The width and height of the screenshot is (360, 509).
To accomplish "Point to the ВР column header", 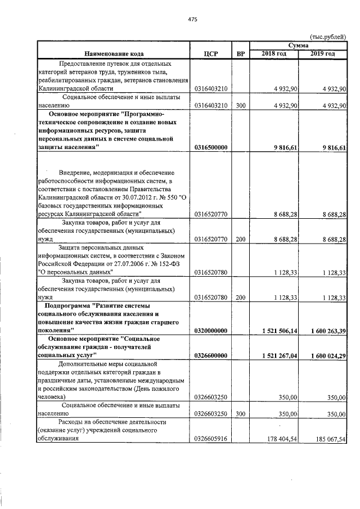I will point(241,53).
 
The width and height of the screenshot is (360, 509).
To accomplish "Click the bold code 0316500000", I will point(211,147).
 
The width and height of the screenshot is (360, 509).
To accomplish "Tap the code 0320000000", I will point(211,331).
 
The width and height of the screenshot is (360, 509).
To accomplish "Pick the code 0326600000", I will point(211,355).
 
